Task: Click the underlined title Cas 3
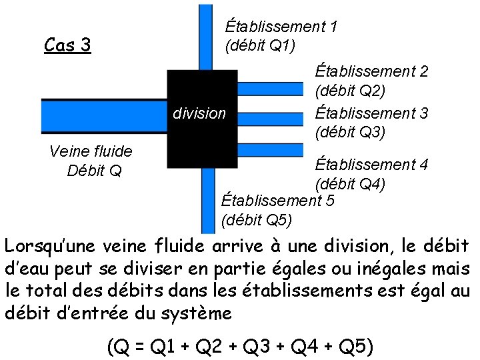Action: tap(67, 45)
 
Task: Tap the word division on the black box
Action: tap(199, 113)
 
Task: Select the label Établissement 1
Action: tap(281, 27)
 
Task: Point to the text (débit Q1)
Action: tap(260, 45)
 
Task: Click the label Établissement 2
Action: tap(371, 71)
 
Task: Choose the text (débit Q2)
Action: tap(350, 90)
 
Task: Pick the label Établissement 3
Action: tap(371, 113)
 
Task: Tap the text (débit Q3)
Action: tap(350, 132)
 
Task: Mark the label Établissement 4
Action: tap(371, 164)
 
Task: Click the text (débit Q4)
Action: tap(350, 183)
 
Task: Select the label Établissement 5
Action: tap(277, 200)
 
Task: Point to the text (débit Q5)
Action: tap(256, 219)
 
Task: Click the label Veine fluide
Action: tap(91, 151)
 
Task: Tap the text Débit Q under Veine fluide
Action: tap(94, 171)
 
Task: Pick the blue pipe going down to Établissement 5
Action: tap(208, 200)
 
